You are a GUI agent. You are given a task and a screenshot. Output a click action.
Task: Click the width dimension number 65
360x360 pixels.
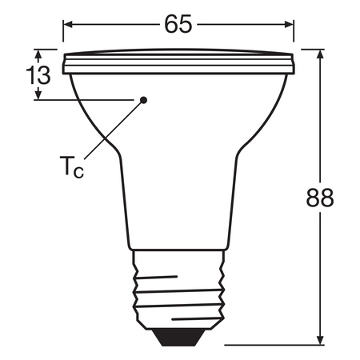tap(179, 24)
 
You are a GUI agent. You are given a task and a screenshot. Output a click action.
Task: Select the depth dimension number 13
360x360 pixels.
tap(38, 76)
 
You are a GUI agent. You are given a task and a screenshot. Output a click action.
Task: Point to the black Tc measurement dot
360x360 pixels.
tap(144, 100)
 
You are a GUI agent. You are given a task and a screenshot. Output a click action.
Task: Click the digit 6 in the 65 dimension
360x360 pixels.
tap(170, 24)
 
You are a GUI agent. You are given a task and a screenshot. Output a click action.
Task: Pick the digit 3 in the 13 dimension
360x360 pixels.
tap(43, 76)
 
